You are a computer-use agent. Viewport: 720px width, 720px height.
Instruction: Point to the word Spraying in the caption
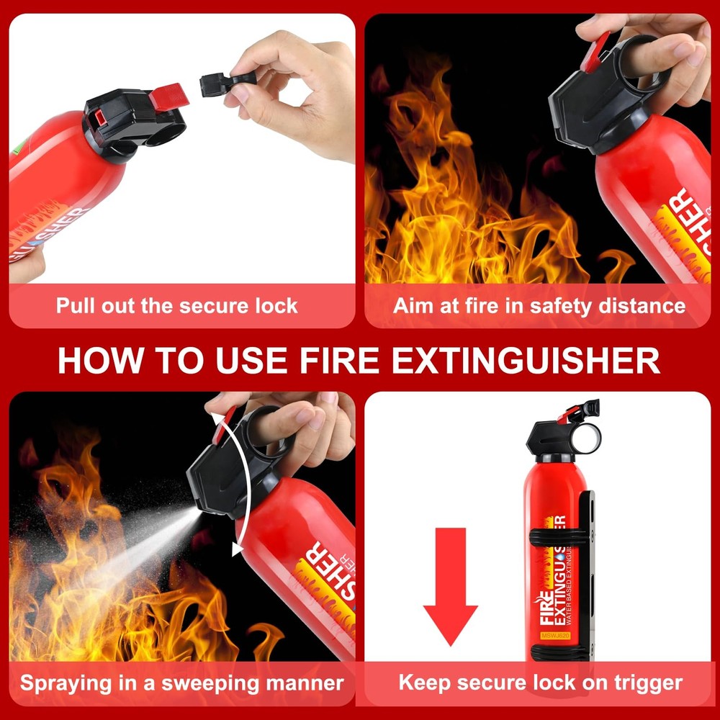click(65, 683)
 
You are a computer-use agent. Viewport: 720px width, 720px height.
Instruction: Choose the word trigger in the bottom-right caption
click(644, 683)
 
